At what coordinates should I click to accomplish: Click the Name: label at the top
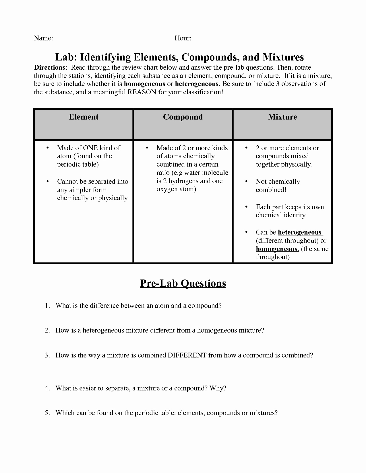(43, 38)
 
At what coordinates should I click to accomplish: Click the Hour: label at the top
(183, 38)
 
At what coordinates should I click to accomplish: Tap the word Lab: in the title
(66, 57)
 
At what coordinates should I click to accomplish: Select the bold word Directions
(49, 67)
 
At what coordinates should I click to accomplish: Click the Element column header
(84, 117)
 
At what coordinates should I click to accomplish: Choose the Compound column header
(183, 117)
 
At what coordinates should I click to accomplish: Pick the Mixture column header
(282, 117)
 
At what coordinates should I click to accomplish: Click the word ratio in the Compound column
(163, 173)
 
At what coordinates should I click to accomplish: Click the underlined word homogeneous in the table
(277, 249)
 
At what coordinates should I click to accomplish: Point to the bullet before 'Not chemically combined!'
(246, 181)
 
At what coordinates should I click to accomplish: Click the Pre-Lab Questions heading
(183, 283)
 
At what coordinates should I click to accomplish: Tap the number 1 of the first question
(47, 306)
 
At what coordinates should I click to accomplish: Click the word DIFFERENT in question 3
(187, 355)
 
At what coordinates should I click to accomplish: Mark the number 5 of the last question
(47, 413)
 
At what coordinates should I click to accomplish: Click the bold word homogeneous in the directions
(144, 84)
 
